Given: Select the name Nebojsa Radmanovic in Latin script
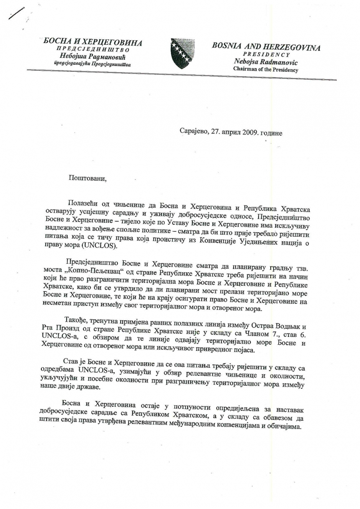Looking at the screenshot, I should click(x=266, y=62).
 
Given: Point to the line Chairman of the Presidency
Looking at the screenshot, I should click(x=266, y=70).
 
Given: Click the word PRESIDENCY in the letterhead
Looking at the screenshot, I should click(x=266, y=55).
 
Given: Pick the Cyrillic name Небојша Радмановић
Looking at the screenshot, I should click(x=92, y=57).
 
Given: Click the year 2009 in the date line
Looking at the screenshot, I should click(x=249, y=133).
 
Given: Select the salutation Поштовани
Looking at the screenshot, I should click(x=87, y=178).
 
